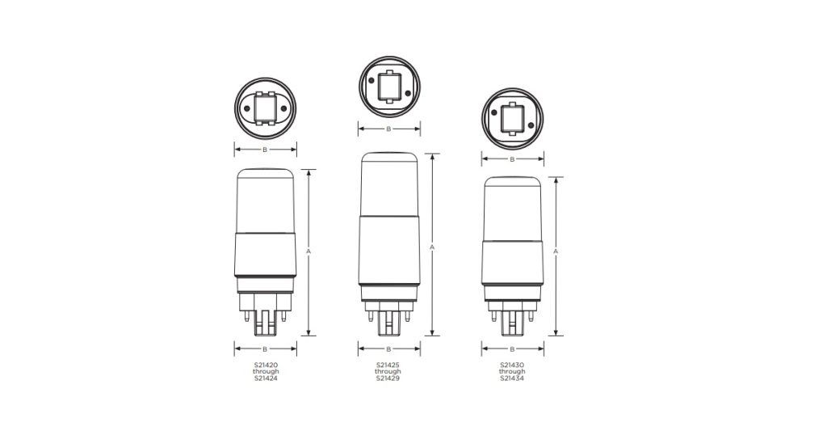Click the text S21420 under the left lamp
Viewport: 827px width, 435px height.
(266, 365)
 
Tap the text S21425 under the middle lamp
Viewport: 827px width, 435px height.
(388, 365)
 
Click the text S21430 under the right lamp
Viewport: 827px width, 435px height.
(512, 365)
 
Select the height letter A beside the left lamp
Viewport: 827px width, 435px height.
(309, 251)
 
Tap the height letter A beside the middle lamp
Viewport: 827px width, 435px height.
(432, 246)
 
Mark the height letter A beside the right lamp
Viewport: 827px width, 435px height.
(556, 251)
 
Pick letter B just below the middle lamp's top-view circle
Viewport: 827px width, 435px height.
(388, 129)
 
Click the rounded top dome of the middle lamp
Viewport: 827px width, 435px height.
(388, 162)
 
